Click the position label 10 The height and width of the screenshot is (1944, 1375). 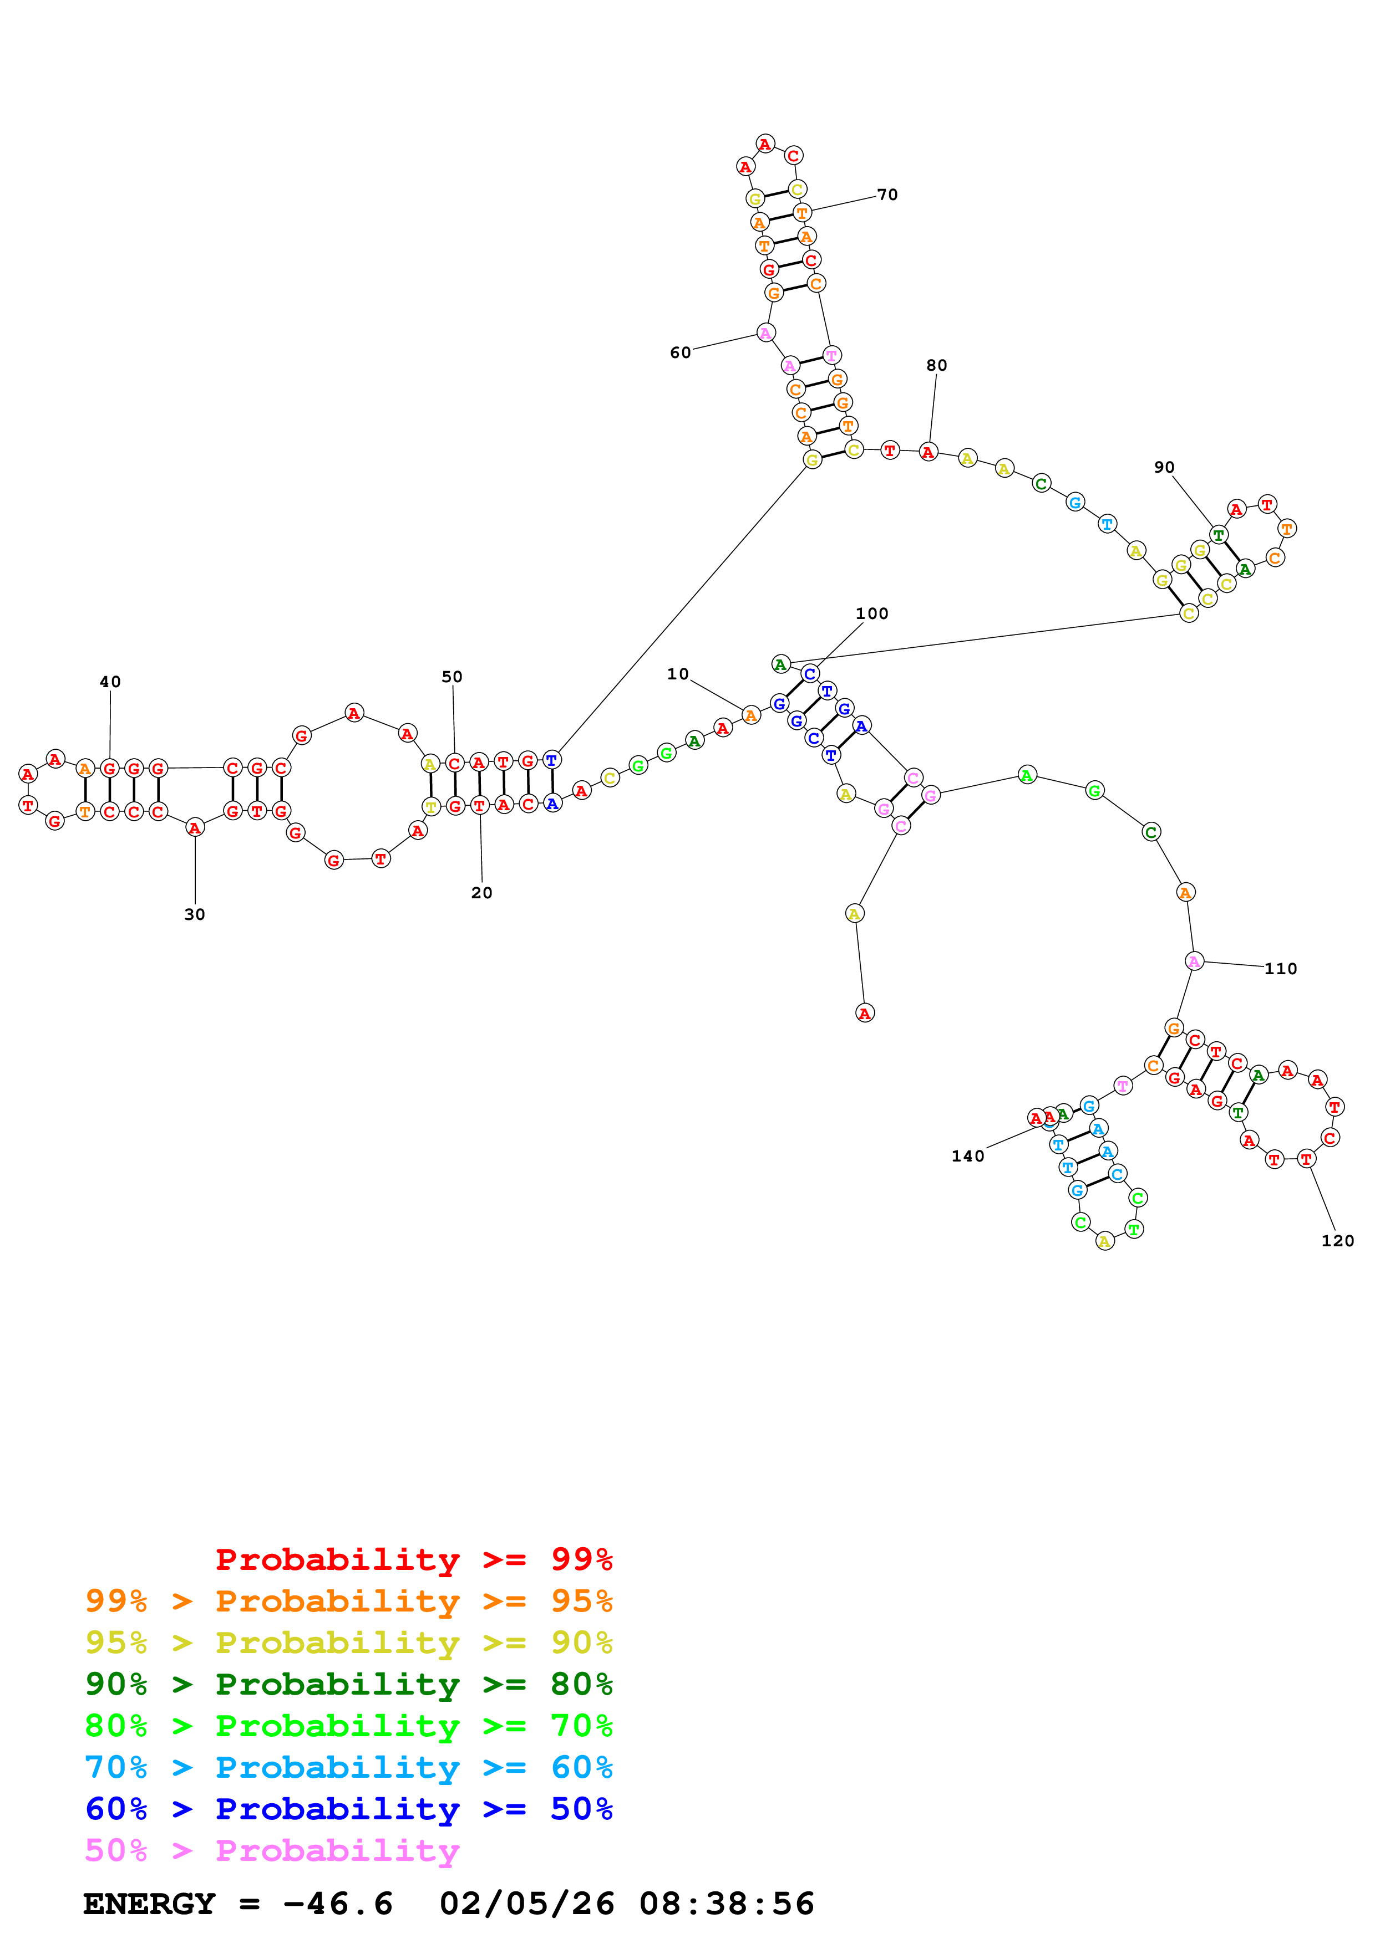pyautogui.click(x=678, y=674)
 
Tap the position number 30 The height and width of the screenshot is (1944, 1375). pyautogui.click(x=195, y=914)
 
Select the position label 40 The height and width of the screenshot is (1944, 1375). pyautogui.click(x=110, y=682)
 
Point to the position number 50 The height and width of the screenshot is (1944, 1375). pyautogui.click(x=453, y=677)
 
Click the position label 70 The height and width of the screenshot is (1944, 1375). pyautogui.click(x=887, y=195)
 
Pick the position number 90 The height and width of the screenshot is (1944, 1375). pyautogui.click(x=1164, y=467)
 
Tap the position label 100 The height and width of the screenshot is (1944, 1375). pyautogui.click(x=872, y=614)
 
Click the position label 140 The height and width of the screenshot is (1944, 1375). pyautogui.click(x=967, y=1157)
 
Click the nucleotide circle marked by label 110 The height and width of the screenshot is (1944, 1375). pyautogui.click(x=1194, y=961)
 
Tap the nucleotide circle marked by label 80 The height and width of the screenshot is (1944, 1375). pyautogui.click(x=928, y=452)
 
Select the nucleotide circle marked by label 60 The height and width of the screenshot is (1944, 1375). pyautogui.click(x=766, y=332)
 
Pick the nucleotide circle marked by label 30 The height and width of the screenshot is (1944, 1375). pyautogui.click(x=195, y=827)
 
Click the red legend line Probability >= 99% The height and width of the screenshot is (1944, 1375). pyautogui.click(x=413, y=1559)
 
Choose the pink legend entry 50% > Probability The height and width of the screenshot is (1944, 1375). pyautogui.click(x=272, y=1851)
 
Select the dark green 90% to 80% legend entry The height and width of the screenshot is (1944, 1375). pyautogui.click(x=349, y=1684)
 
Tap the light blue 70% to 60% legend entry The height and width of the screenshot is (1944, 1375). pyautogui.click(x=349, y=1767)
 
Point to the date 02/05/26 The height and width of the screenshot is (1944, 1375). pyautogui.click(x=526, y=1904)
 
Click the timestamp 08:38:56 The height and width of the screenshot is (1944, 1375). pyautogui.click(x=726, y=1904)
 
